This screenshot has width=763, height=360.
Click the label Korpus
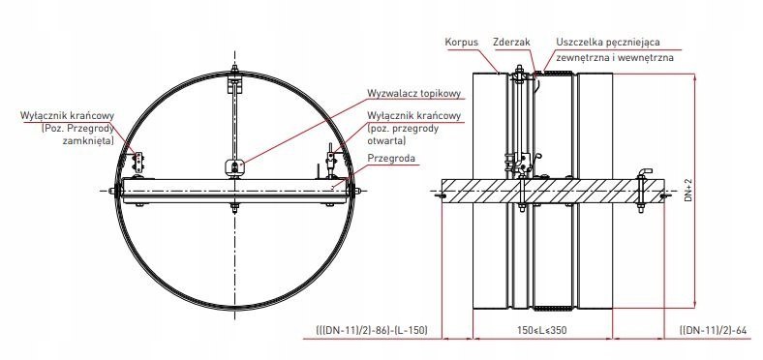461,43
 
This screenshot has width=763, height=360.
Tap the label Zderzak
511,43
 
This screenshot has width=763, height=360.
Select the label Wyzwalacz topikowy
413,93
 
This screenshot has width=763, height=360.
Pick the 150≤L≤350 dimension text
541,330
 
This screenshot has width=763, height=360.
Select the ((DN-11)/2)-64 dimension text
713,330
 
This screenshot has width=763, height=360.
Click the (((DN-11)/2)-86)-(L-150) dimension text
372,330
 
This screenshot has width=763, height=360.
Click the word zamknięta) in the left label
88,141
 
